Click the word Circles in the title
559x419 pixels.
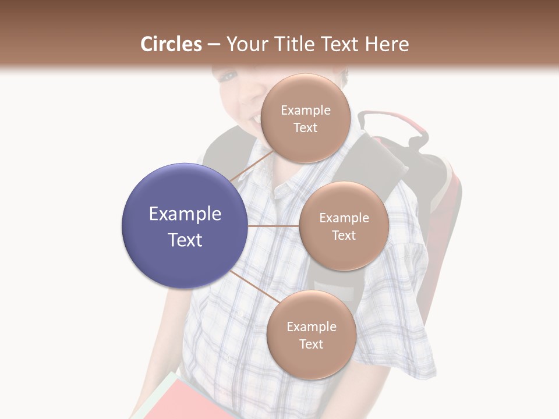[x=171, y=44]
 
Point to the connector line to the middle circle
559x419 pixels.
[x=274, y=226]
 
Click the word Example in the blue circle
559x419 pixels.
[x=185, y=214]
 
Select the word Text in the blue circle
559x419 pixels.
[x=185, y=240]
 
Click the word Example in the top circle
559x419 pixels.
[x=306, y=111]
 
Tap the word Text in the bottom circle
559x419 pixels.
[x=311, y=344]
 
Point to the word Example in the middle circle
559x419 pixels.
[x=344, y=218]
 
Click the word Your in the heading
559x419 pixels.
[x=246, y=44]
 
